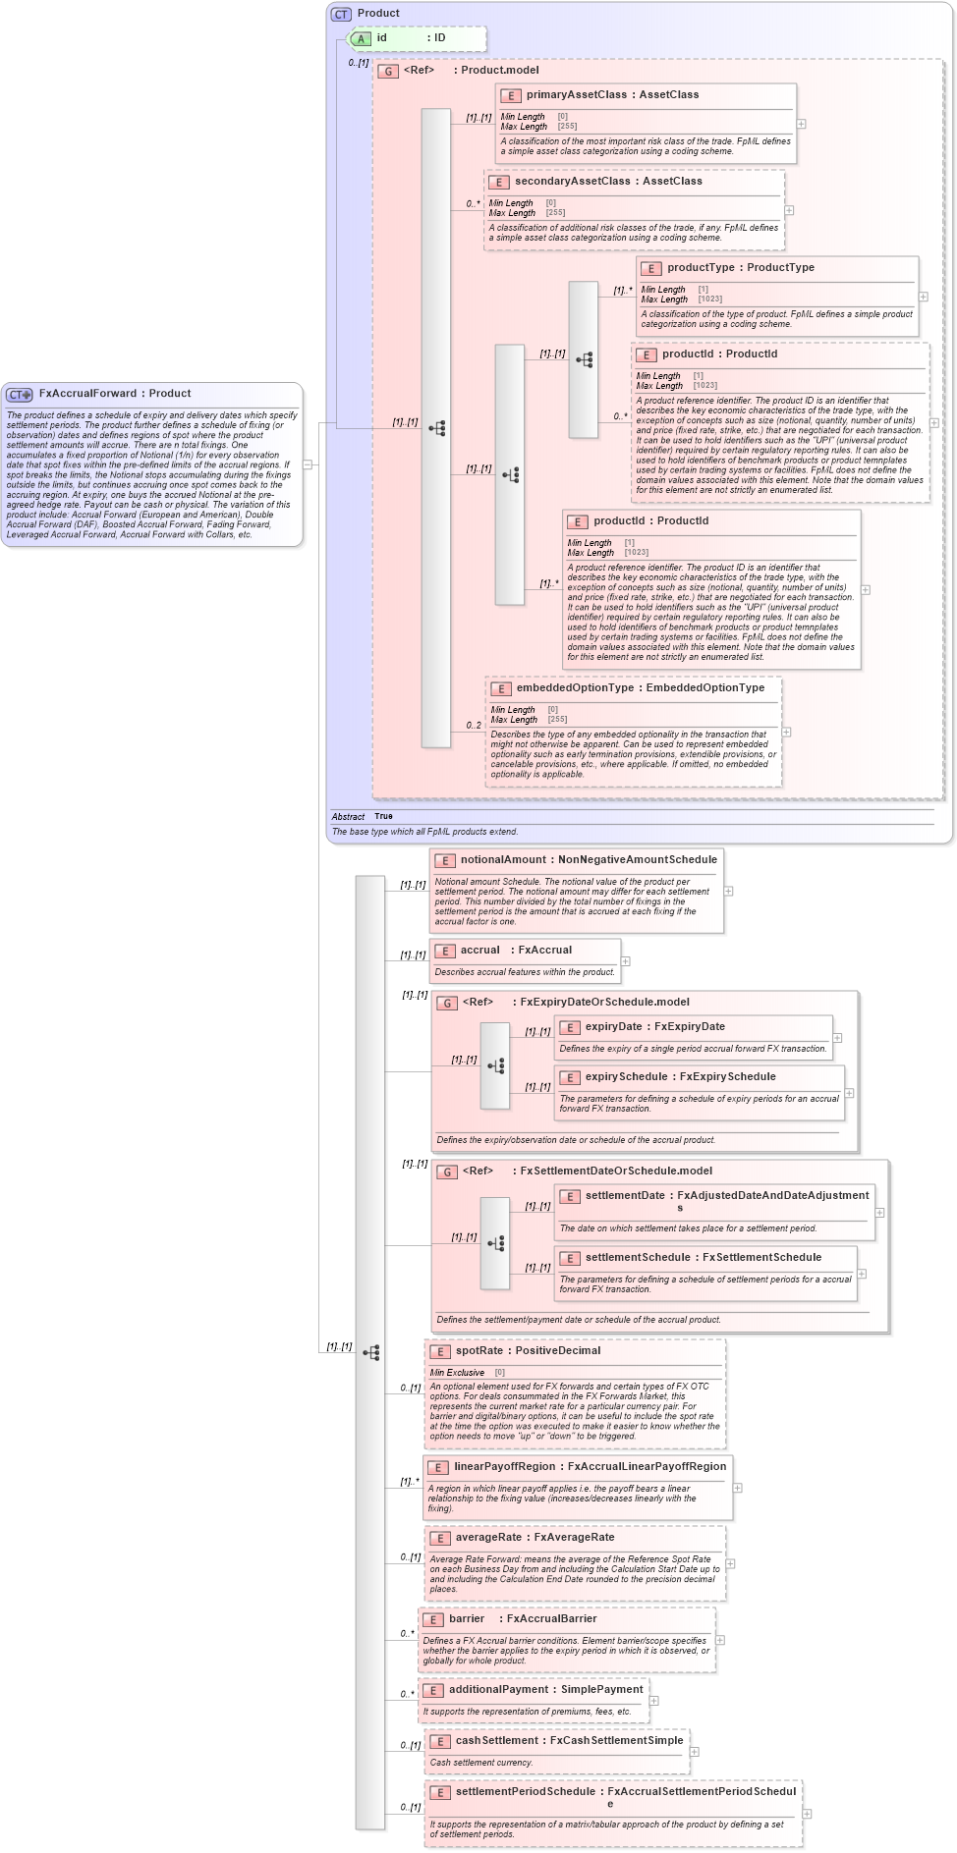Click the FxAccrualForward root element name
pos(87,393)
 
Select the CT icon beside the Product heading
pos(341,14)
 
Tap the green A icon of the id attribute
pos(362,38)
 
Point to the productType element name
pos(701,268)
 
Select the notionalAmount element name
pos(504,860)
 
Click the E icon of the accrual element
pos(444,951)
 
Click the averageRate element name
pos(488,1538)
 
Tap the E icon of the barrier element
pos(432,1619)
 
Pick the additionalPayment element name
pos(499,1690)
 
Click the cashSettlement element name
pos(496,1741)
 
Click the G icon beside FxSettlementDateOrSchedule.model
pos(447,1172)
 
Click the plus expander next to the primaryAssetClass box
pos(802,124)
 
